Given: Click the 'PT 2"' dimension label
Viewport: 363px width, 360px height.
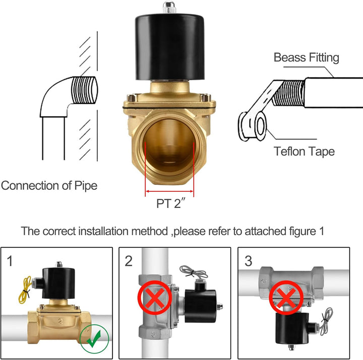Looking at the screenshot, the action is tap(171, 203).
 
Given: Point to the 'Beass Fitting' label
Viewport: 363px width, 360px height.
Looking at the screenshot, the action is tap(307, 57).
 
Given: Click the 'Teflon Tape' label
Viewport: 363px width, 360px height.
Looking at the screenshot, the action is tap(304, 152).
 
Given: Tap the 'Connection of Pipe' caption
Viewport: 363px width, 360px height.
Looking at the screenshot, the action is tap(49, 186).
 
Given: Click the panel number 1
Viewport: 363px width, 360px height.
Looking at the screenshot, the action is tap(10, 261).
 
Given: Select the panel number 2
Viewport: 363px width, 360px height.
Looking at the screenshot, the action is tap(129, 261).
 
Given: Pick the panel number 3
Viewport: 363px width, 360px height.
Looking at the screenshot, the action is tap(249, 261).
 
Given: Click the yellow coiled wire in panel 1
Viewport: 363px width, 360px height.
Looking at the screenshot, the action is tap(25, 290).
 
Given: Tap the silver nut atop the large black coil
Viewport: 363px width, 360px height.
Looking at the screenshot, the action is tap(169, 7).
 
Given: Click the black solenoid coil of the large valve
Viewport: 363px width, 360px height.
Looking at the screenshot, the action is tap(170, 47).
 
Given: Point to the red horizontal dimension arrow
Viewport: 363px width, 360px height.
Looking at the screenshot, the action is tap(169, 191).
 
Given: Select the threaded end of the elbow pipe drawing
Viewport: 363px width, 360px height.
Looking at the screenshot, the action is tap(85, 90).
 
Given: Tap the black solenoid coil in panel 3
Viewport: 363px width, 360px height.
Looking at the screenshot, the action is tap(292, 328).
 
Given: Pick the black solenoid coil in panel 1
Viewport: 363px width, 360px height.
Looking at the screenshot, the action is tap(58, 283).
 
